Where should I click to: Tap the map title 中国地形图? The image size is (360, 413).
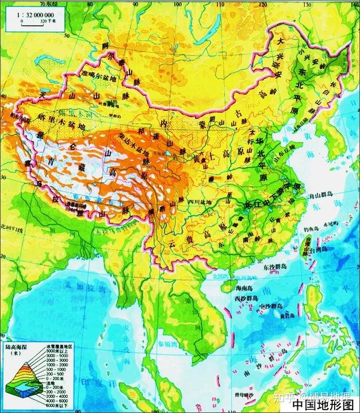pos(324,404)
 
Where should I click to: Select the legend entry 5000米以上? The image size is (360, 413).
pos(58,352)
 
